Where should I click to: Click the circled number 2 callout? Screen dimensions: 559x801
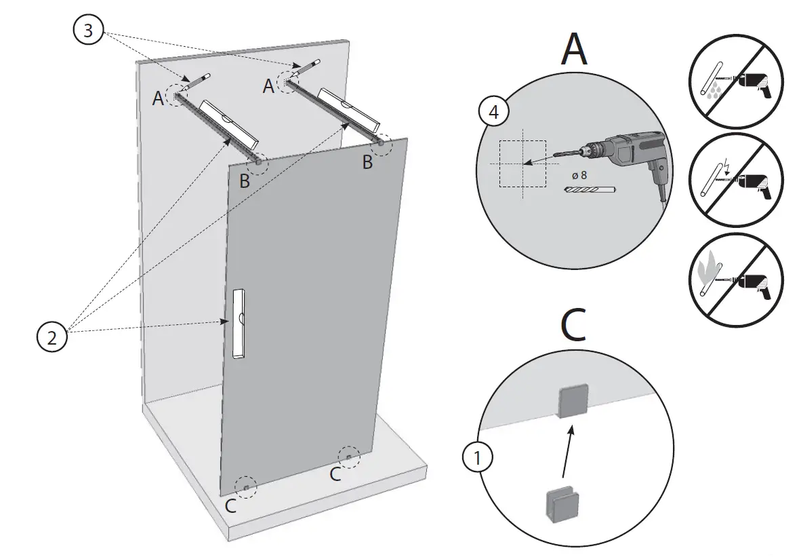(x=52, y=336)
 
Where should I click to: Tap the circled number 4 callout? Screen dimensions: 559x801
(x=494, y=112)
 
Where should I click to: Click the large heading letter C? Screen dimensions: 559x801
(x=574, y=326)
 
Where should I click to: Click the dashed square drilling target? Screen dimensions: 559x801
(x=522, y=163)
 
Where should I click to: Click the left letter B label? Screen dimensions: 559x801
(x=245, y=182)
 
